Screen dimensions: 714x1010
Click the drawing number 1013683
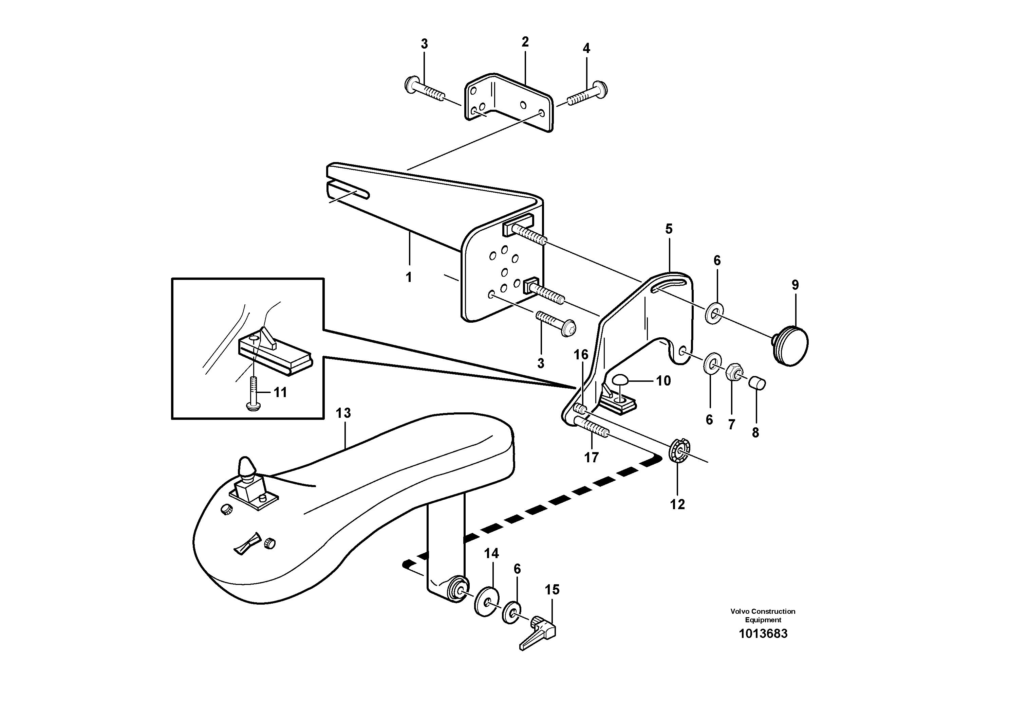763,634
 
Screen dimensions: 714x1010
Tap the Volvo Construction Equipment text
763,615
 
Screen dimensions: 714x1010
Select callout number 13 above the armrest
343,413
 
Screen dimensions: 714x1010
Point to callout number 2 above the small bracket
525,42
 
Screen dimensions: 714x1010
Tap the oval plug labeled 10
621,379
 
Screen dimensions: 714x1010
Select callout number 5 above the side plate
669,229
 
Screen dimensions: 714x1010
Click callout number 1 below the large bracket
409,277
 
